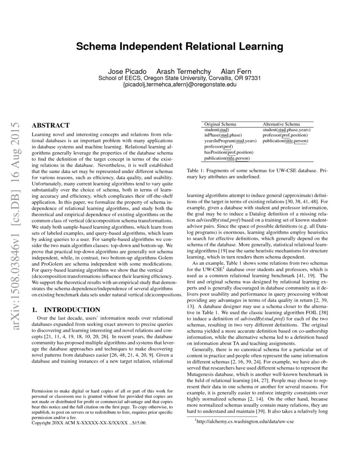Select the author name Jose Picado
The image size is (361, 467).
tap(125, 71)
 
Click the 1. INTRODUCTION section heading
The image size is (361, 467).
tap(66, 309)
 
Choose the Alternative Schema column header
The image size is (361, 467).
tap(281, 124)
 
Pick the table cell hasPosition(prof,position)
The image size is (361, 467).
tap(228, 152)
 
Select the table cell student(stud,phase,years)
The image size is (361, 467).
tap(287, 129)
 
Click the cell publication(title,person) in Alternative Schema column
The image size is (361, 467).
tap(285, 141)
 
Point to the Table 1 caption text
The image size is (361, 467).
tap(257, 173)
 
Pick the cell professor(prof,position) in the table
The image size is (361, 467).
tap(286, 135)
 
